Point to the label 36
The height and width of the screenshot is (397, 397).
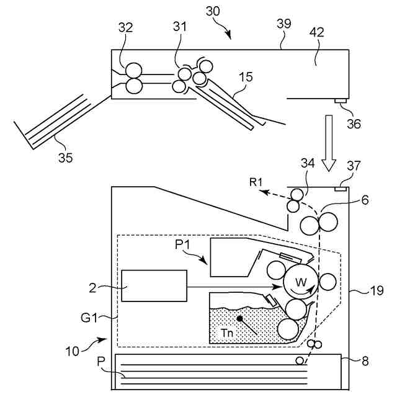[354, 123]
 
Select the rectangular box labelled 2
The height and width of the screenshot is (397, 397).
[154, 286]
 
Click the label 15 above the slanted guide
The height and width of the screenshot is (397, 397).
[246, 77]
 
